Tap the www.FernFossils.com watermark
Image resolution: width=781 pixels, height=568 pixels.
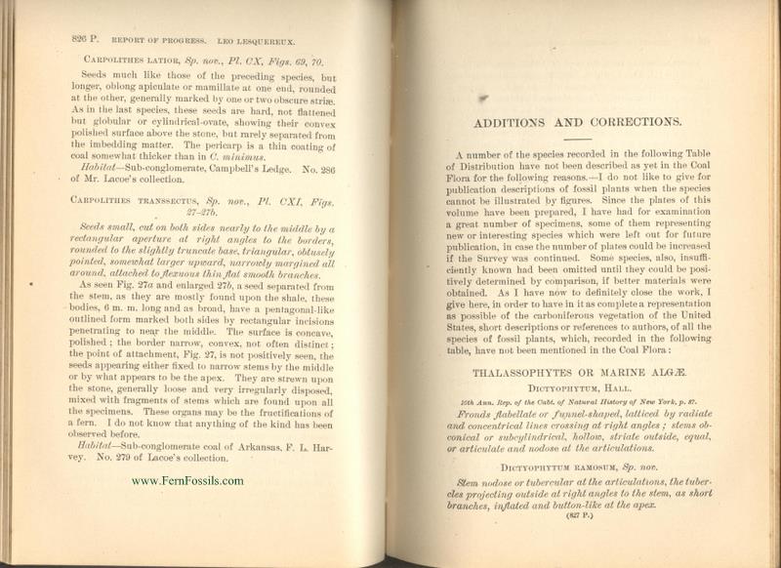pyautogui.click(x=187, y=480)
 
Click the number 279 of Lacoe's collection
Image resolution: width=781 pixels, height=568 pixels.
pyautogui.click(x=117, y=458)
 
